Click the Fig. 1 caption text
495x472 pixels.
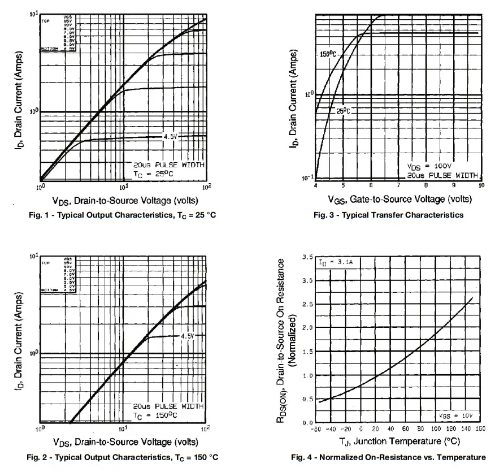point(122,215)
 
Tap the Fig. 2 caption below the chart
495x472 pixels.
point(122,457)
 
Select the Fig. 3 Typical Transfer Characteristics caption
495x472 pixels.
point(388,215)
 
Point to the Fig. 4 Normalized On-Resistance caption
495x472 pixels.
point(388,457)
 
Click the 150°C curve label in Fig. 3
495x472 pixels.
point(328,54)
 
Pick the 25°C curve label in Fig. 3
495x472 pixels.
point(344,111)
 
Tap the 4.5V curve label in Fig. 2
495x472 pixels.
point(188,336)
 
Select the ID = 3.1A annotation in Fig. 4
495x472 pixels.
point(333,262)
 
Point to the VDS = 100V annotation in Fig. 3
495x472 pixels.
point(429,166)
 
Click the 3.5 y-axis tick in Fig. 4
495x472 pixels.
point(307,257)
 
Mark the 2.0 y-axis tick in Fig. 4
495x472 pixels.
point(307,328)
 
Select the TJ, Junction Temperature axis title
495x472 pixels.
point(396,441)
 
